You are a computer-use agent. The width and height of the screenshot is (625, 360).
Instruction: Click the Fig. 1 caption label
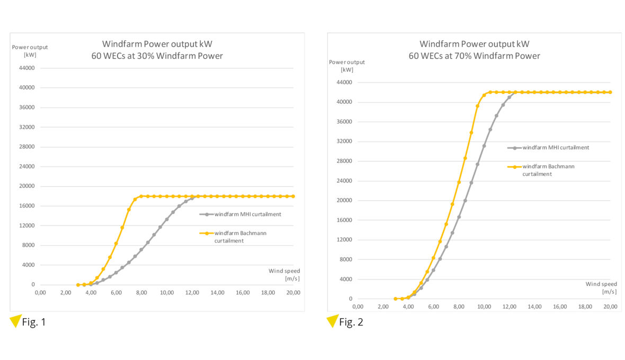(x=34, y=322)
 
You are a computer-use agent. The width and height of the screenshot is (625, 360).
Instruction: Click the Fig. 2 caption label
(x=351, y=322)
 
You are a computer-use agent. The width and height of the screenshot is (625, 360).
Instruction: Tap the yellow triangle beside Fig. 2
(x=332, y=321)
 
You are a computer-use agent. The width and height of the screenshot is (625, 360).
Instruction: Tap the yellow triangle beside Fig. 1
(x=15, y=321)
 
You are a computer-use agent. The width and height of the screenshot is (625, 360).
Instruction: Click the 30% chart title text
(x=157, y=50)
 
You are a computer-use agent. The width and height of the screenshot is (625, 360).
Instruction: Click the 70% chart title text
(x=474, y=50)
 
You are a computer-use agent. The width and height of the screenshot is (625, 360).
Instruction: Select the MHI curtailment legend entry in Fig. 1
(x=241, y=214)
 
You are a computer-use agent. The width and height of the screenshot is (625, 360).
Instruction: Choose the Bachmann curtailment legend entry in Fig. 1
(x=238, y=237)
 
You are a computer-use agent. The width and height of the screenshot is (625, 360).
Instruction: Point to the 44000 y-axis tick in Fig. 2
(x=343, y=83)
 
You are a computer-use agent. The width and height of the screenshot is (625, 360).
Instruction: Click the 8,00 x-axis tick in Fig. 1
(x=141, y=292)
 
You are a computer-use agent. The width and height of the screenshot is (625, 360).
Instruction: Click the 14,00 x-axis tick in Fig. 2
(x=534, y=307)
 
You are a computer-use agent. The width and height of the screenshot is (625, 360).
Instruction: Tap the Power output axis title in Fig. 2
(x=347, y=66)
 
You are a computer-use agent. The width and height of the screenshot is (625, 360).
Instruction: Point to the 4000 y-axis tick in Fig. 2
(x=345, y=280)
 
